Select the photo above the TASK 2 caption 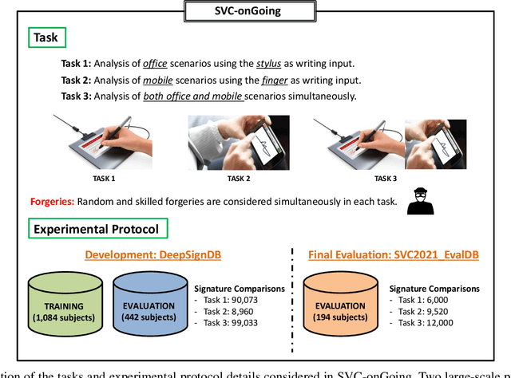pyautogui.click(x=233, y=142)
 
